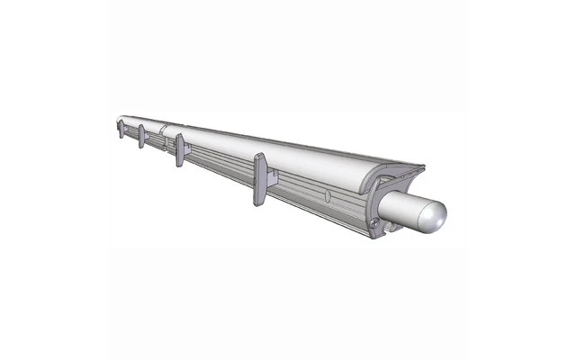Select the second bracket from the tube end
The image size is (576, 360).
(x=180, y=148)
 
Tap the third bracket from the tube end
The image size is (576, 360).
(x=141, y=135)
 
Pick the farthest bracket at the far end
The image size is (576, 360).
(x=120, y=128)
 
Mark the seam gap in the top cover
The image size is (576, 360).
(x=163, y=128)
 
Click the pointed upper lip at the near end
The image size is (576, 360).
(x=419, y=168)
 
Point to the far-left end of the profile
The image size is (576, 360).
(x=117, y=120)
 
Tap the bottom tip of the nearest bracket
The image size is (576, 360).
(x=259, y=203)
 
